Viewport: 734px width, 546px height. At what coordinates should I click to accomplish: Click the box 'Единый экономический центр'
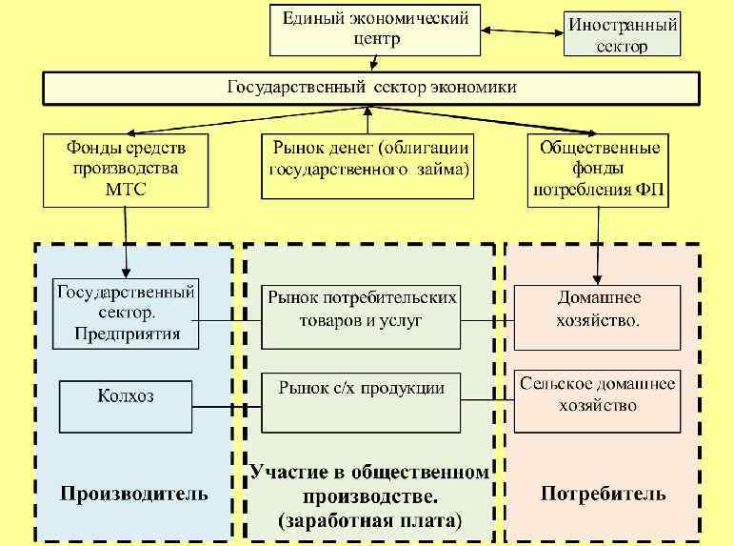(375, 30)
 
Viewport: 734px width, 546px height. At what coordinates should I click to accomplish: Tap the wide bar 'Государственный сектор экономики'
(371, 88)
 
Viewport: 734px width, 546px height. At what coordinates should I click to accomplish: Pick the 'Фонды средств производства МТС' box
(126, 168)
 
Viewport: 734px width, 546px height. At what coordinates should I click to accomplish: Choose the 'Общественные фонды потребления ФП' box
(599, 168)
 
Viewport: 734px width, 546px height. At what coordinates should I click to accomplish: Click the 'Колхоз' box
(126, 406)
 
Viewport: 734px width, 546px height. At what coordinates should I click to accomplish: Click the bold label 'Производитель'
(134, 494)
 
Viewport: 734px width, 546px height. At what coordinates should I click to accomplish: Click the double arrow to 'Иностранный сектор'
(524, 31)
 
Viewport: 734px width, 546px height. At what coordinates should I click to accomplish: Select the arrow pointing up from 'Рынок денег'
(368, 119)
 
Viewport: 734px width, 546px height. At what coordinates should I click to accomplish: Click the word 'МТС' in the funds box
(125, 189)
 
